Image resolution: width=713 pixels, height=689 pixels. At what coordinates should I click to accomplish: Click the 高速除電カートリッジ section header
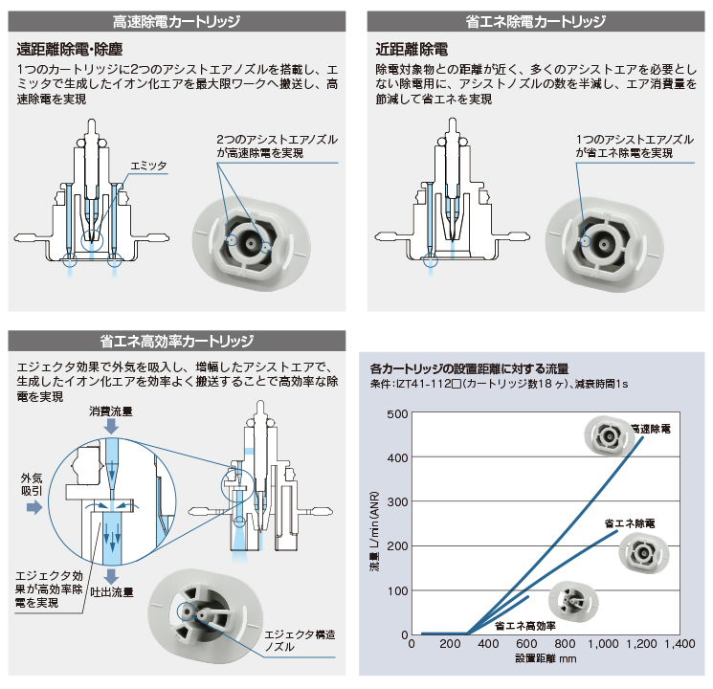(176, 21)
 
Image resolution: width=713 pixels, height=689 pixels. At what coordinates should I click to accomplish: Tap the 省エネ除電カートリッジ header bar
(536, 21)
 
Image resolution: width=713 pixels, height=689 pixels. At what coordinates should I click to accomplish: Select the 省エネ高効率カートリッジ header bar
(176, 341)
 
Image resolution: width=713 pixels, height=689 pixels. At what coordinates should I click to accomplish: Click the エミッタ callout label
(148, 166)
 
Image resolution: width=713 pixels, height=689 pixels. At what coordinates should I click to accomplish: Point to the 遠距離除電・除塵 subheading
(70, 49)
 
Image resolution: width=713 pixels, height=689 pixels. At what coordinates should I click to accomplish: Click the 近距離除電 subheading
(412, 49)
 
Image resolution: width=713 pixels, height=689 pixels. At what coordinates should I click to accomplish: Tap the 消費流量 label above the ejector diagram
(111, 411)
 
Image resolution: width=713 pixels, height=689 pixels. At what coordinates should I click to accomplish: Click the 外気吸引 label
(32, 484)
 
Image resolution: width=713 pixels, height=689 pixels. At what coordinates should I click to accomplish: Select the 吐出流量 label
(112, 592)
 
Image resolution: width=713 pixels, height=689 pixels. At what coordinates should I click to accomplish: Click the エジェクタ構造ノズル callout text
(300, 640)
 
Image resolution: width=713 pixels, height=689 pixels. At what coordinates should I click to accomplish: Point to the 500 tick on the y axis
(397, 414)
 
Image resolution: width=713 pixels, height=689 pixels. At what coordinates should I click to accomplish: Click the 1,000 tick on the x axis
(603, 644)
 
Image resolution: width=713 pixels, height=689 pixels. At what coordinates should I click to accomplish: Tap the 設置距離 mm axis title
(546, 658)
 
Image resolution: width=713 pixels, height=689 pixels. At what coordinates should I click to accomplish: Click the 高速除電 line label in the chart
(651, 429)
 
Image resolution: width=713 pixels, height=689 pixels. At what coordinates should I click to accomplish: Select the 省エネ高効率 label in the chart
(525, 626)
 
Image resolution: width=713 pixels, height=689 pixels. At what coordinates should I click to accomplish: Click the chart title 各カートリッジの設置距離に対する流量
(469, 368)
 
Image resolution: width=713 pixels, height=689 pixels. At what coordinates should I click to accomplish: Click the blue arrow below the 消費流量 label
(111, 427)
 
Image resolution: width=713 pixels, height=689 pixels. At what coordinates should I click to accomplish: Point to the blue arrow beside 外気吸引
(34, 506)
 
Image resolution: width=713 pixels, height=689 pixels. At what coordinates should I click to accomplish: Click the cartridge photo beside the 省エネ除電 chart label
(644, 553)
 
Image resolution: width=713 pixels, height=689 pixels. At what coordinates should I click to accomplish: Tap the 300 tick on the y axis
(397, 502)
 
